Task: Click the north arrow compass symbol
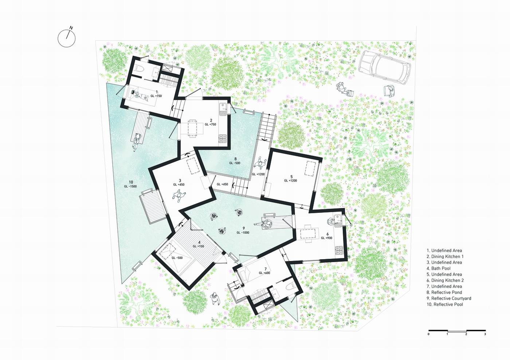66,38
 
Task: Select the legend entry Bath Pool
439,268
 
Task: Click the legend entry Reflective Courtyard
449,298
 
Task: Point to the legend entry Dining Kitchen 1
445,257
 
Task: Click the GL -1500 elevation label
130,186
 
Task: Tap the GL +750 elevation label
211,124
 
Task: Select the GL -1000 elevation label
243,233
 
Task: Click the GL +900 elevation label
327,238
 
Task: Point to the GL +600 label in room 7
264,273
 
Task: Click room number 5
291,177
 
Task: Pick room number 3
180,181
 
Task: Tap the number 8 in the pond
235,159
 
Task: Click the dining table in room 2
192,128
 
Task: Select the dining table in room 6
308,233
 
